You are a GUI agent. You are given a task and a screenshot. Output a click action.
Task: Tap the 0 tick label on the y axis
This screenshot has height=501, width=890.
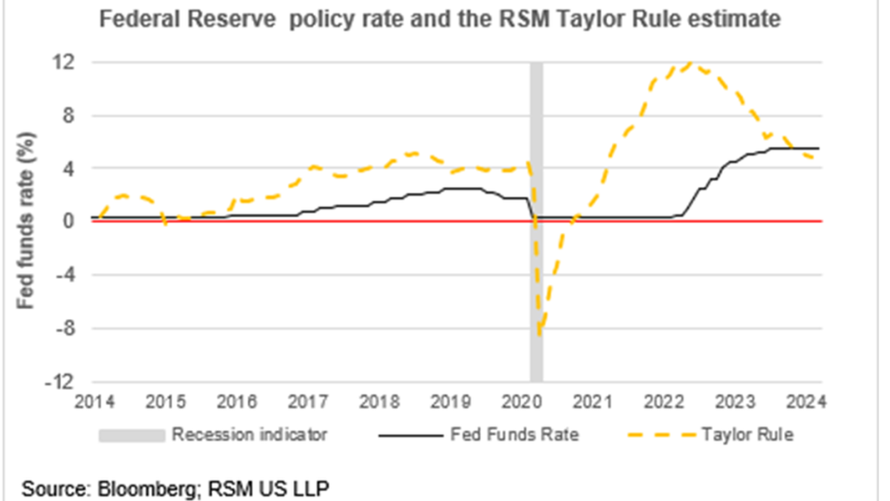(x=66, y=222)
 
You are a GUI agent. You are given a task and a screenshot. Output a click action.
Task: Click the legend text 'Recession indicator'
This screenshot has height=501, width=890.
(x=249, y=435)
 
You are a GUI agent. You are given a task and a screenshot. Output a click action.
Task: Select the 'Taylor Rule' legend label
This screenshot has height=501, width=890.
(x=747, y=435)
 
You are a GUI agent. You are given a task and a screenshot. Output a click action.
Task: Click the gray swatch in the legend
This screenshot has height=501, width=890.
(x=131, y=435)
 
